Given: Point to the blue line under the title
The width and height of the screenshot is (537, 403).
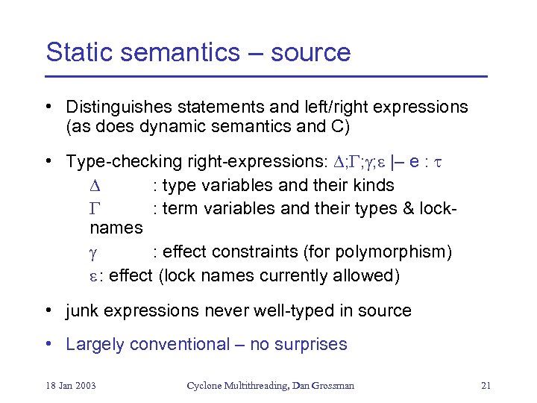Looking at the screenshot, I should click(266, 76).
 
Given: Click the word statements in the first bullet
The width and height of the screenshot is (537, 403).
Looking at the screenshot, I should click(220, 107).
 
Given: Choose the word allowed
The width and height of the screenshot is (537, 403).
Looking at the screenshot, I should click(368, 275).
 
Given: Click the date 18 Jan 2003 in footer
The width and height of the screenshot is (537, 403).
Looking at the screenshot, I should click(70, 386).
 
